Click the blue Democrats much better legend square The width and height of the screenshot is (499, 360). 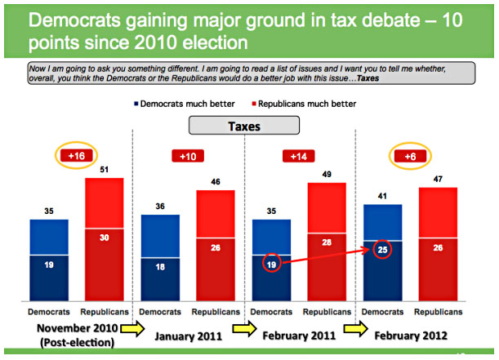(136, 104)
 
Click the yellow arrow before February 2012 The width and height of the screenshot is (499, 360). (356, 328)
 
